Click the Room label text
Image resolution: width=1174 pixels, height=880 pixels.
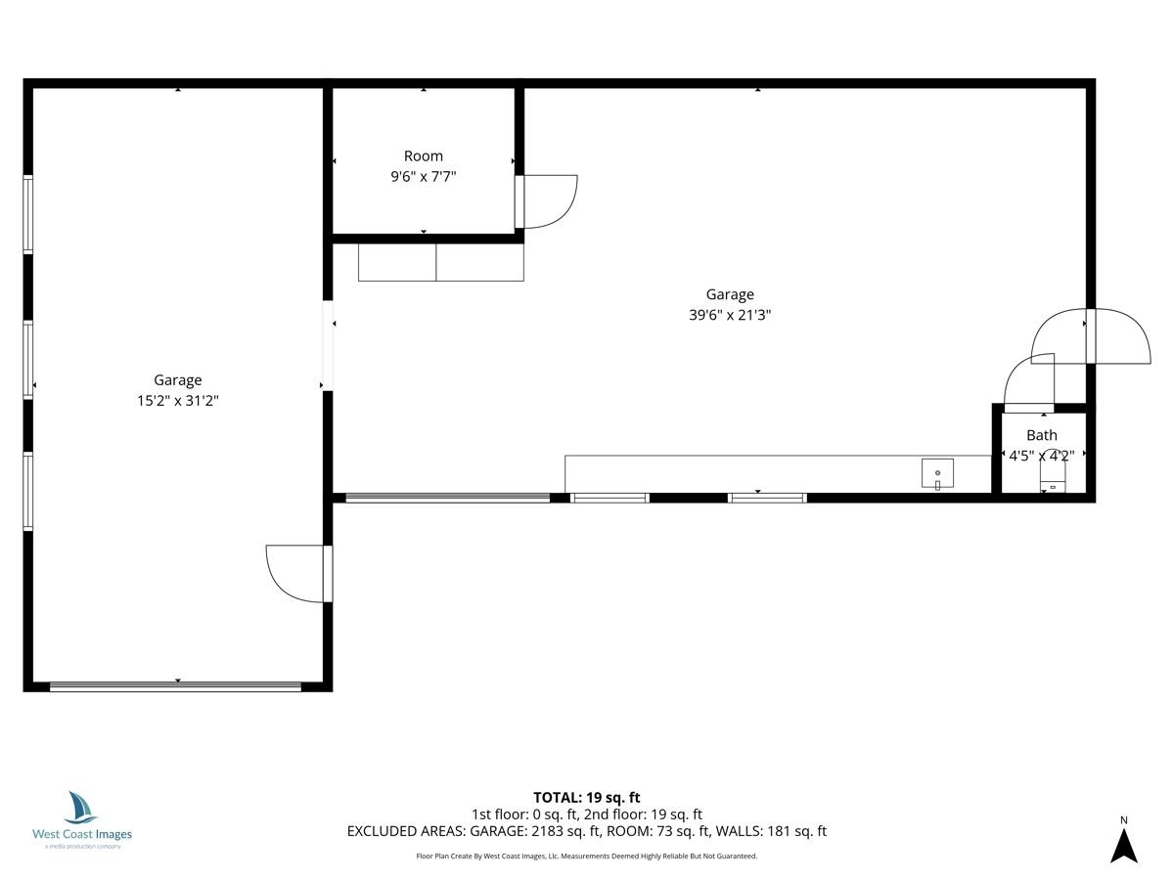pyautogui.click(x=423, y=156)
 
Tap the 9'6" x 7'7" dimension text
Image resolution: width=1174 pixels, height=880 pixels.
pyautogui.click(x=423, y=176)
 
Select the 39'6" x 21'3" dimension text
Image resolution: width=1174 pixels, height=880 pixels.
pyautogui.click(x=730, y=315)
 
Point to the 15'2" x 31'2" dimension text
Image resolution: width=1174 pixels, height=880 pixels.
pyautogui.click(x=178, y=400)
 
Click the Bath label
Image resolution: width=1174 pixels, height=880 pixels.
pyautogui.click(x=1041, y=435)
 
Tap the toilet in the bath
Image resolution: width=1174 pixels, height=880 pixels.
pyautogui.click(x=1052, y=471)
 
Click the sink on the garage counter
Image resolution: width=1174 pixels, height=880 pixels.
pyautogui.click(x=937, y=473)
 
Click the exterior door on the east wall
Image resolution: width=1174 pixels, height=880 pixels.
pyautogui.click(x=1091, y=336)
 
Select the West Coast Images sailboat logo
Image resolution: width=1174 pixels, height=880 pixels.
pyautogui.click(x=81, y=808)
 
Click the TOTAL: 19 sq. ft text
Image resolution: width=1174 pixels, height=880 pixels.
pyautogui.click(x=587, y=798)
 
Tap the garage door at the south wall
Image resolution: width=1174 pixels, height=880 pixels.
pyautogui.click(x=175, y=686)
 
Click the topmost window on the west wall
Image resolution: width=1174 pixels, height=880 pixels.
pyautogui.click(x=27, y=214)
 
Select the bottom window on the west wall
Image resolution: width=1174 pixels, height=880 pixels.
pyautogui.click(x=27, y=491)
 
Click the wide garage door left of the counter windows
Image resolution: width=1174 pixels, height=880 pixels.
pyautogui.click(x=448, y=498)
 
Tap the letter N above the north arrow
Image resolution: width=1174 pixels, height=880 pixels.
pyautogui.click(x=1124, y=820)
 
